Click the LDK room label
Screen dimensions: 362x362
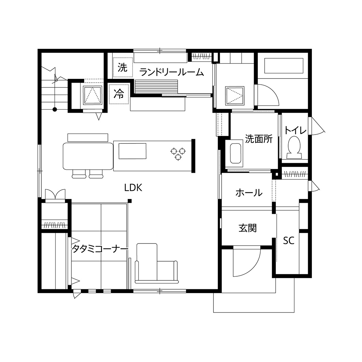(x=133, y=187)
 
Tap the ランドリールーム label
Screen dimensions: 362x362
(x=172, y=72)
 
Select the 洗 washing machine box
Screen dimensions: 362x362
(x=122, y=68)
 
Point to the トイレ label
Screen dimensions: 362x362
(x=295, y=130)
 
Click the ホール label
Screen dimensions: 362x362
(x=249, y=193)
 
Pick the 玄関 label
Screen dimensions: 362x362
(x=248, y=228)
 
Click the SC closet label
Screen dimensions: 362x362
(x=289, y=241)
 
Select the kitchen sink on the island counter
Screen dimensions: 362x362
(x=132, y=151)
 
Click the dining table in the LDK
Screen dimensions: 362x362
(x=88, y=156)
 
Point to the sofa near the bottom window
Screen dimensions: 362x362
(x=156, y=265)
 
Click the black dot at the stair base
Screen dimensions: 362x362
(x=54, y=110)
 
